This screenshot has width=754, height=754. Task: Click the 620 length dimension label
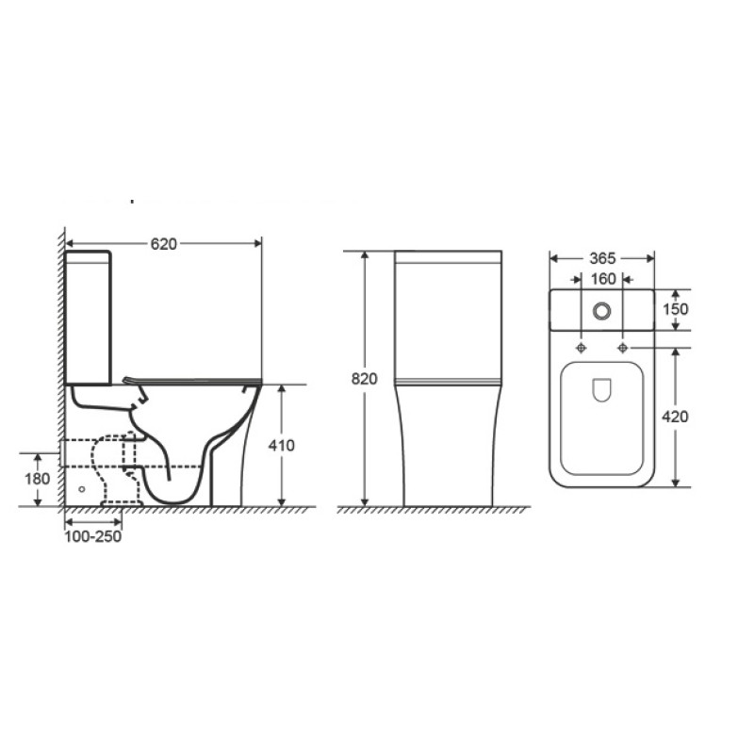pyautogui.click(x=164, y=243)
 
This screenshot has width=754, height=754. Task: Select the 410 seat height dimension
pyautogui.click(x=295, y=445)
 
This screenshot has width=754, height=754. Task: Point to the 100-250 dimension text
pyautogui.click(x=92, y=536)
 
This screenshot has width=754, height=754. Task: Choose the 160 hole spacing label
pyautogui.click(x=602, y=279)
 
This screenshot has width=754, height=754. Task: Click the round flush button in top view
pyautogui.click(x=601, y=310)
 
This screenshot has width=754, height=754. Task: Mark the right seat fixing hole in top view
pyautogui.click(x=623, y=348)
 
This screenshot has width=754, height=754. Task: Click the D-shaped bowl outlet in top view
pyautogui.click(x=601, y=390)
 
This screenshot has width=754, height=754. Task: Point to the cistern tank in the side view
pyautogui.click(x=90, y=316)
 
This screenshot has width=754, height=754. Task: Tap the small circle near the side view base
pyautogui.click(x=81, y=490)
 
